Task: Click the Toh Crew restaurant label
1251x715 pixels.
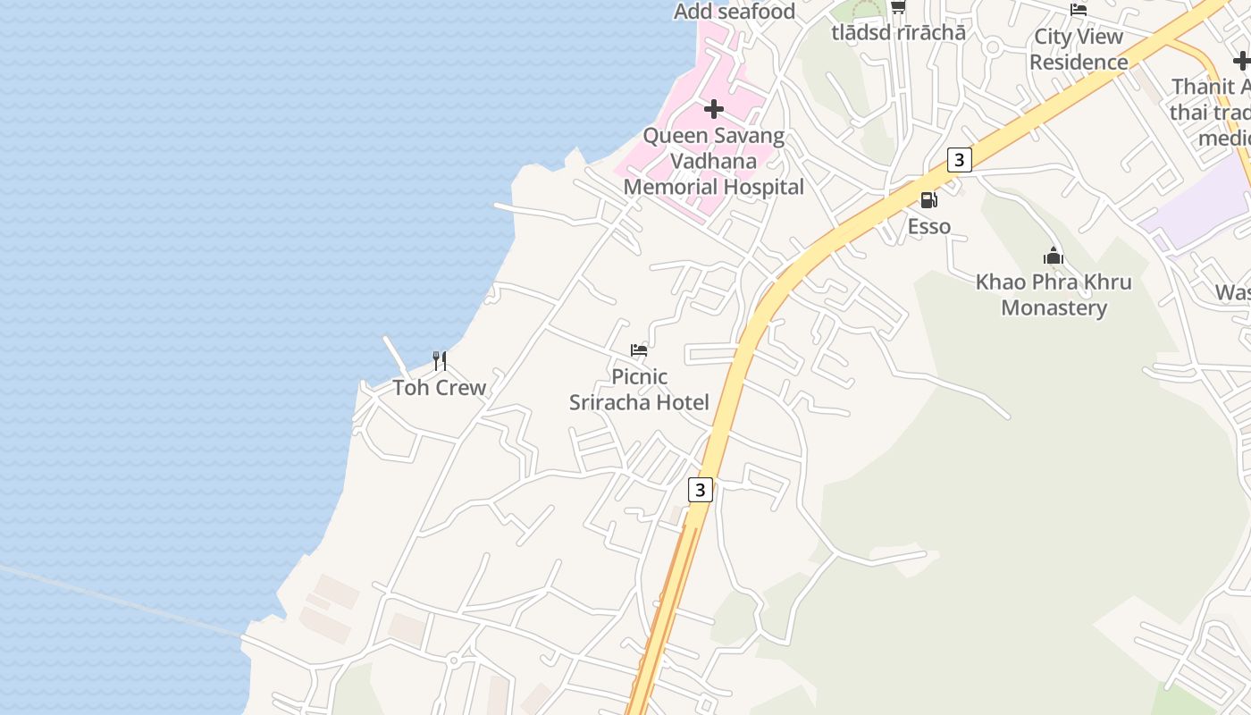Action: [x=440, y=388]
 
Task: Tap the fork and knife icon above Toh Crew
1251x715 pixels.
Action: [x=440, y=360]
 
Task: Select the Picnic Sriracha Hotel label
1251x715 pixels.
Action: [x=639, y=390]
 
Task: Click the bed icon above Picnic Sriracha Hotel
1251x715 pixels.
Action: [x=639, y=349]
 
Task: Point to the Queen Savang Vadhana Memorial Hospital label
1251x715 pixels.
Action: [x=713, y=162]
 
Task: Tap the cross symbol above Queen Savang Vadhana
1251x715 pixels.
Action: [x=713, y=109]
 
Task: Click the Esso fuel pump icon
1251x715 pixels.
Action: [x=928, y=200]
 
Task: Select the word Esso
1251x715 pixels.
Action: [x=929, y=227]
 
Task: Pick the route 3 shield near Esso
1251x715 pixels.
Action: [x=959, y=160]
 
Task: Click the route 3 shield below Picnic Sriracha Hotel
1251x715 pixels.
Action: [x=700, y=490]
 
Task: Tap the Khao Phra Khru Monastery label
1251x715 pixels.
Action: [x=1054, y=295]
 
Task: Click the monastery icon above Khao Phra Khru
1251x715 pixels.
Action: [x=1054, y=257]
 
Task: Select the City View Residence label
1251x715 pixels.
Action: [x=1079, y=49]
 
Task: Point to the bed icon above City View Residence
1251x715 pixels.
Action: [x=1079, y=10]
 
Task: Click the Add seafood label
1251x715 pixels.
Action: [x=734, y=12]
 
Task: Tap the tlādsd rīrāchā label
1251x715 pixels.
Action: [x=898, y=33]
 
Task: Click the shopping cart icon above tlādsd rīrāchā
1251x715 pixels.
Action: [x=898, y=7]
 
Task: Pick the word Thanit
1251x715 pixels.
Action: [x=1203, y=88]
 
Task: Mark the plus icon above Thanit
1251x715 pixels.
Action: [x=1241, y=61]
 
